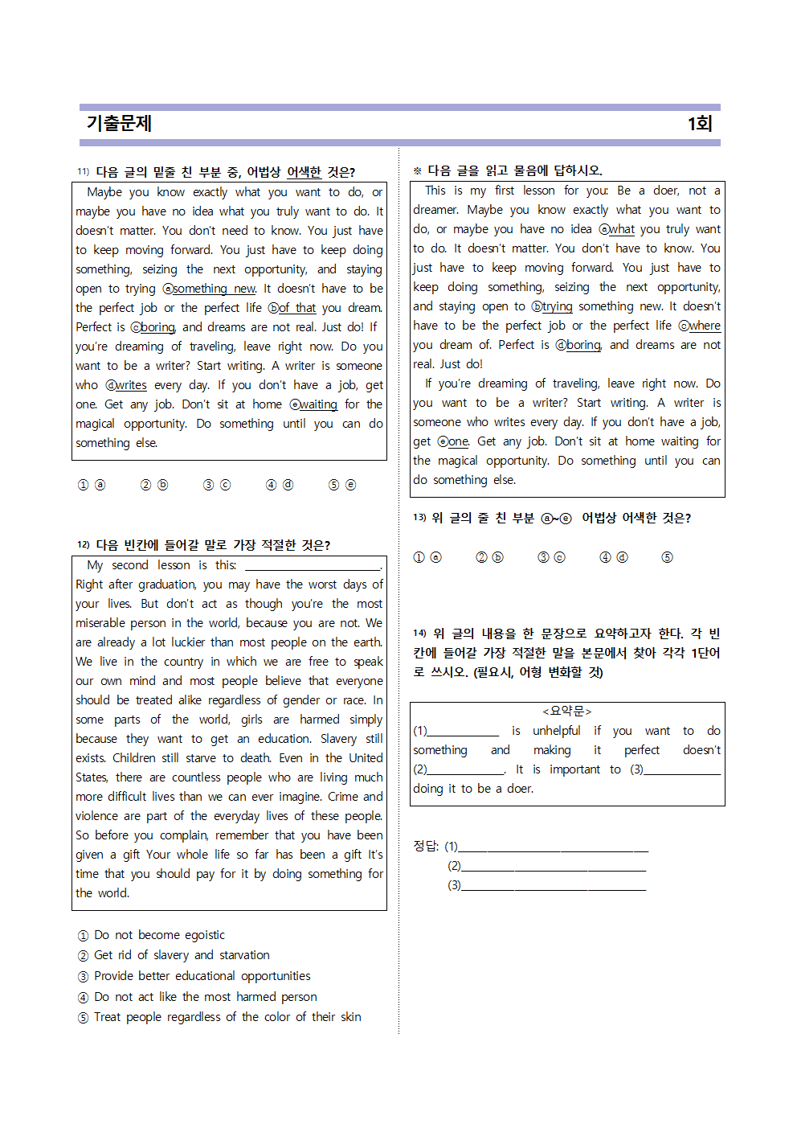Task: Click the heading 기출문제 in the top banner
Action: tap(119, 123)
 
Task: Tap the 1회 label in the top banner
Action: tap(699, 123)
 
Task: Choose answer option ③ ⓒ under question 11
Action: tap(217, 485)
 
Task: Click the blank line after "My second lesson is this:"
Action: tap(313, 565)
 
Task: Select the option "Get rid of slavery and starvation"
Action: tap(182, 955)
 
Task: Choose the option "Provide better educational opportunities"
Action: tap(202, 976)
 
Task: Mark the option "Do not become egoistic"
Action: tap(159, 935)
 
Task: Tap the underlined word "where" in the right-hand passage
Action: tap(705, 326)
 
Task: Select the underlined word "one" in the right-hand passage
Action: tap(458, 441)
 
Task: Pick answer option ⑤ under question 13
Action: tap(667, 557)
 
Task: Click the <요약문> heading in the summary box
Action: tap(566, 711)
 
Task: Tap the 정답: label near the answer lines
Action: tap(426, 846)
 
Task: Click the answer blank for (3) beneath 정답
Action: tap(554, 885)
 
